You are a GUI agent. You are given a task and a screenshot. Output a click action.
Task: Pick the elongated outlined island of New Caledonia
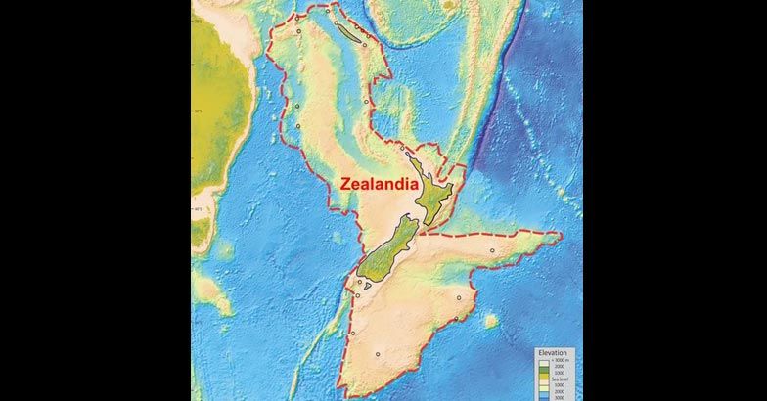click(349, 33)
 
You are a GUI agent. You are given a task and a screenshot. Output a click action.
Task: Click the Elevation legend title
click(554, 352)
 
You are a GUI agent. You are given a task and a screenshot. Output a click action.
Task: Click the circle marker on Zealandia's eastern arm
click(492, 250)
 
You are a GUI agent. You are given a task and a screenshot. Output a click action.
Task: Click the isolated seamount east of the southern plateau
click(491, 320)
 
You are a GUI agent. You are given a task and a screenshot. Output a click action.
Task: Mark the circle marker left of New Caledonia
click(299, 32)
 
